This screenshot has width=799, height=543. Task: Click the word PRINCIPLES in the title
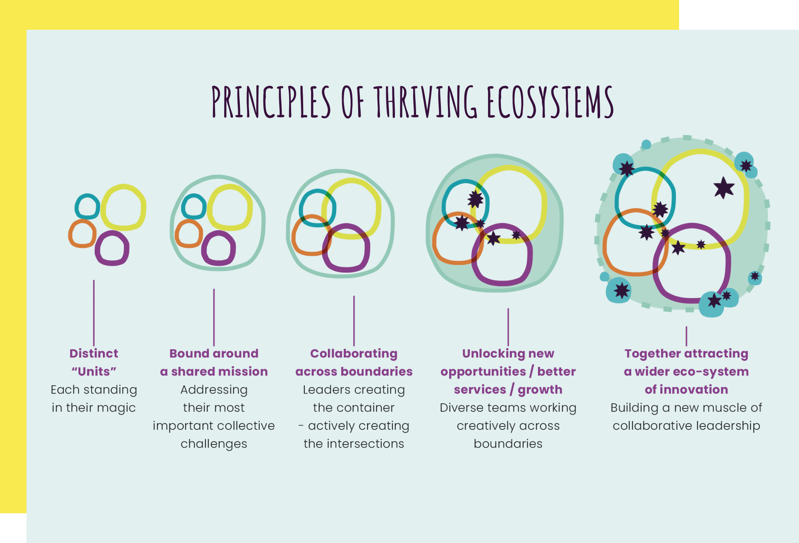click(271, 102)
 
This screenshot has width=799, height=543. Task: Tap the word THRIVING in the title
click(426, 102)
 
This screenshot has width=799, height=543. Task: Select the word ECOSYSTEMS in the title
click(550, 102)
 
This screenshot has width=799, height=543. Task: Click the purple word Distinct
click(94, 354)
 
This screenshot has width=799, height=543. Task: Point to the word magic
click(118, 408)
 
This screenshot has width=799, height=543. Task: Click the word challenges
click(214, 444)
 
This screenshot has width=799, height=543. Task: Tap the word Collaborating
click(354, 354)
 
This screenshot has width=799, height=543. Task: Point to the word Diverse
click(462, 408)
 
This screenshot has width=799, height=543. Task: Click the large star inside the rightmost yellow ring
click(724, 188)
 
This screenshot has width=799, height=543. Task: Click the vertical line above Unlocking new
click(508, 326)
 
